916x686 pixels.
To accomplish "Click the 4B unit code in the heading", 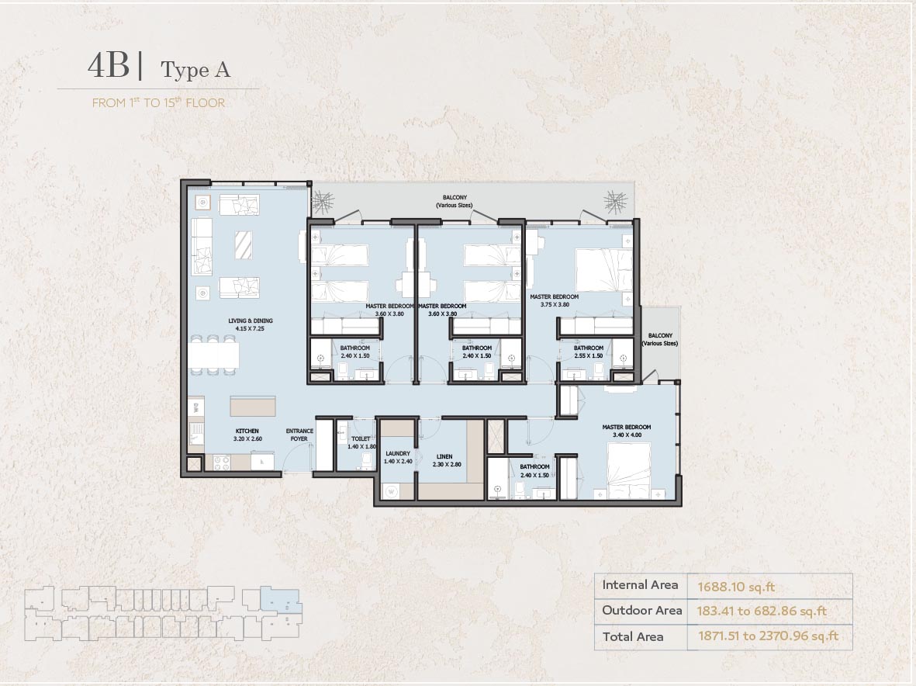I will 109,66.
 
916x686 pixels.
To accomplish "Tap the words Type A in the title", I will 195,70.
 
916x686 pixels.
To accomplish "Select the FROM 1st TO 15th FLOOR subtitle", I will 158,102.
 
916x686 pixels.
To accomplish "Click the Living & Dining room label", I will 250,324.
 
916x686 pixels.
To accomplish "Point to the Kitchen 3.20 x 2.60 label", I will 247,435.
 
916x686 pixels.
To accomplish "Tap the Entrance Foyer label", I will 299,435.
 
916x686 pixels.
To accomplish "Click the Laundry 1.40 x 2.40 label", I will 397,457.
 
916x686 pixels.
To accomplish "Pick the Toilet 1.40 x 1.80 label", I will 361,442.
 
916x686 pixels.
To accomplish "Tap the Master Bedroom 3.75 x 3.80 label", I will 554,300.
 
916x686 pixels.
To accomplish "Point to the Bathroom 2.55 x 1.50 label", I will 589,352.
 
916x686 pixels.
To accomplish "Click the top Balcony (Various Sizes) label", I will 454,202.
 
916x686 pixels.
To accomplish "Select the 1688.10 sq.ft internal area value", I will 736,587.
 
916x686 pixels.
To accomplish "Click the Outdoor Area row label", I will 641,611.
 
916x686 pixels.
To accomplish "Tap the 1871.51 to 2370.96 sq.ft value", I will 768,637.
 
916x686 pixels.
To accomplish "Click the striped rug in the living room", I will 244,245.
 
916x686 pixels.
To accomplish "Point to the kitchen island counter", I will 252,407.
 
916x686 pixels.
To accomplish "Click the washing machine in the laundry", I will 389,490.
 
